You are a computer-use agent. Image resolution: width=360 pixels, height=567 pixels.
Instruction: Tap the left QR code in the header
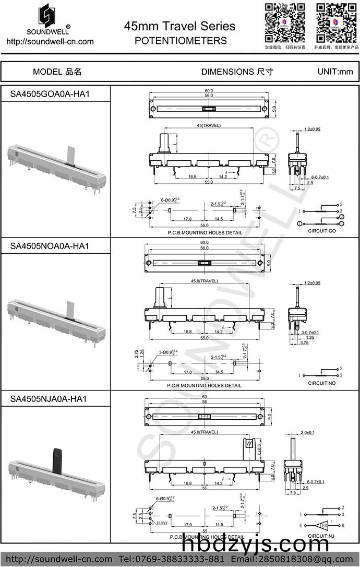click(284, 23)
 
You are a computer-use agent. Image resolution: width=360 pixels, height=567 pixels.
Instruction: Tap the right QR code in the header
click(336, 23)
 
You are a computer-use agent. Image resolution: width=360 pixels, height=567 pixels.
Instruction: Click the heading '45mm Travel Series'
click(179, 26)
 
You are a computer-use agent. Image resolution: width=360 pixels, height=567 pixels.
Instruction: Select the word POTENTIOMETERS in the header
click(181, 41)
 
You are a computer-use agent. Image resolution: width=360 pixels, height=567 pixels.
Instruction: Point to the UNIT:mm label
click(335, 72)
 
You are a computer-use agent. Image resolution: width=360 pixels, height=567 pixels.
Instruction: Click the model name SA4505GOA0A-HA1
click(50, 93)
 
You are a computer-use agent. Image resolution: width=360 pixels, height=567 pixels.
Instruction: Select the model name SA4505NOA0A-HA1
click(50, 245)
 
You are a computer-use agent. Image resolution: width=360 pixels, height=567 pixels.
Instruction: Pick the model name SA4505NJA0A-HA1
click(49, 399)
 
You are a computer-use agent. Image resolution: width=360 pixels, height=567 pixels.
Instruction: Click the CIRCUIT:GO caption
click(322, 230)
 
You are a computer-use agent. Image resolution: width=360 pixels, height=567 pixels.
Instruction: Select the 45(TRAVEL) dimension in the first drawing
click(209, 126)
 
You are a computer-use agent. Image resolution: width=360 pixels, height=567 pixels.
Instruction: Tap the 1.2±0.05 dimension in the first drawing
click(312, 128)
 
